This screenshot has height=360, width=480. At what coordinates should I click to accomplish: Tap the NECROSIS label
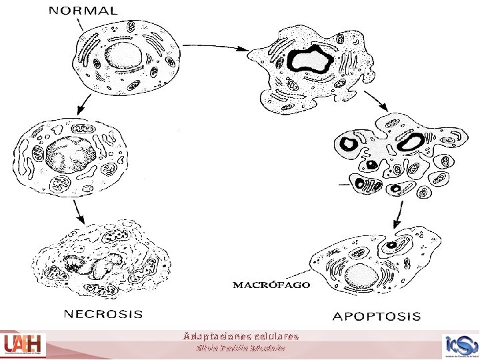pyautogui.click(x=103, y=312)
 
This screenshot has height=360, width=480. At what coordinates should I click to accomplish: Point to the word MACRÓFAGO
pyautogui.click(x=271, y=285)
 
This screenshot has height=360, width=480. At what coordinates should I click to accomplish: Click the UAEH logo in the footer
pyautogui.click(x=23, y=345)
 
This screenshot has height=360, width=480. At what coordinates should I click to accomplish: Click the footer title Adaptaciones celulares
pyautogui.click(x=241, y=336)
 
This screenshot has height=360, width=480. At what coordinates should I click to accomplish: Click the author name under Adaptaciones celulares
pyautogui.click(x=241, y=348)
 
